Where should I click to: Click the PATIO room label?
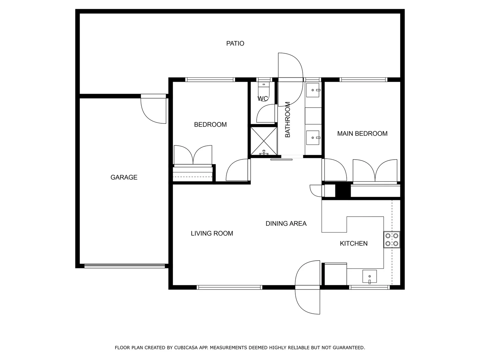pos(235,43)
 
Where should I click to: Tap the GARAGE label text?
pos(124,177)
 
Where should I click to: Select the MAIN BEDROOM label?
pos(362,134)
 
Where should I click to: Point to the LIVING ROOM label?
pos(212,233)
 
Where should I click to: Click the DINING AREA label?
pos(286,224)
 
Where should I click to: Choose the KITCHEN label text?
pos(353,244)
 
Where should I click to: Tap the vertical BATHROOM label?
pos(288,120)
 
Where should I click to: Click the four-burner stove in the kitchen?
pos(392,240)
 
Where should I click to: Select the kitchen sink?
pos(369,276)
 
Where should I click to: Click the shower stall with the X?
pos(264,141)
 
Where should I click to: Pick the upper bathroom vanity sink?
pos(313,90)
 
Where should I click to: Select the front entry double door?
pos(308,287)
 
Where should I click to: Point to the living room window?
pos(229,287)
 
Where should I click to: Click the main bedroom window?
pos(363,80)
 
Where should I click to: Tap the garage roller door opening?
pos(124,266)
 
